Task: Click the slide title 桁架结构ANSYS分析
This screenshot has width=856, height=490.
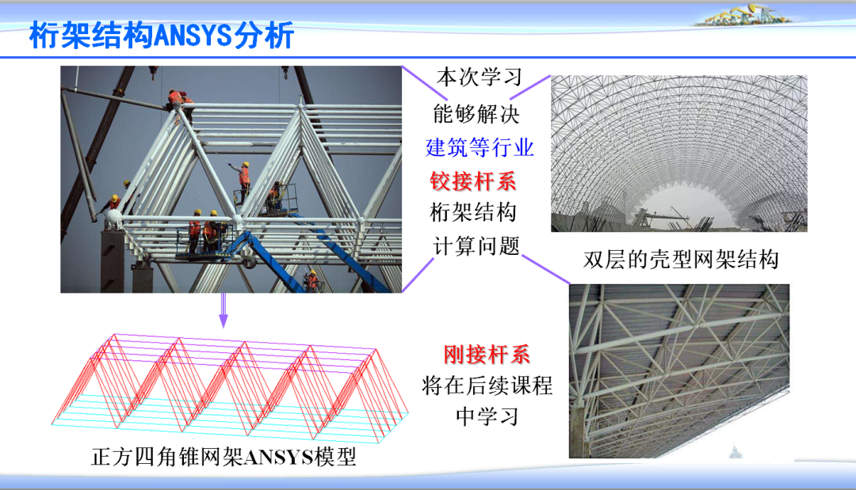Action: click(x=162, y=35)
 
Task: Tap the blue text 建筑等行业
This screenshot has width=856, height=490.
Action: click(x=480, y=147)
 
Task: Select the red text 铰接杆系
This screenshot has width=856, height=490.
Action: click(x=473, y=181)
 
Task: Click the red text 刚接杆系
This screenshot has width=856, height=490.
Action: click(x=487, y=354)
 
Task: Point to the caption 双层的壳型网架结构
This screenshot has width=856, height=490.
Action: click(x=681, y=260)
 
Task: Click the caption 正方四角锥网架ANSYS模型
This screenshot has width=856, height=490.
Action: click(x=224, y=457)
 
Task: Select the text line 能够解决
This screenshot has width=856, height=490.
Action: click(x=476, y=113)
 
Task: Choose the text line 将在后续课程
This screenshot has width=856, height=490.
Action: click(x=487, y=386)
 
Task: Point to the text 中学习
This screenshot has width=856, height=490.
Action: click(x=487, y=417)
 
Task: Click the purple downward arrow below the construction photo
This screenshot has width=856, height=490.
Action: click(x=224, y=310)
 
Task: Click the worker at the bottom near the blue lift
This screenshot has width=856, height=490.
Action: click(x=312, y=279)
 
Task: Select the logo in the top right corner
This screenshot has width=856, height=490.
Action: click(x=741, y=16)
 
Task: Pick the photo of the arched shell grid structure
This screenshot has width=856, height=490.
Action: click(x=678, y=154)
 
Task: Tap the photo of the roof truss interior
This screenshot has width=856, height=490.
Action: click(x=678, y=370)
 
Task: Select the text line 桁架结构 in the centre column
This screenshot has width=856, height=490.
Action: click(x=473, y=213)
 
